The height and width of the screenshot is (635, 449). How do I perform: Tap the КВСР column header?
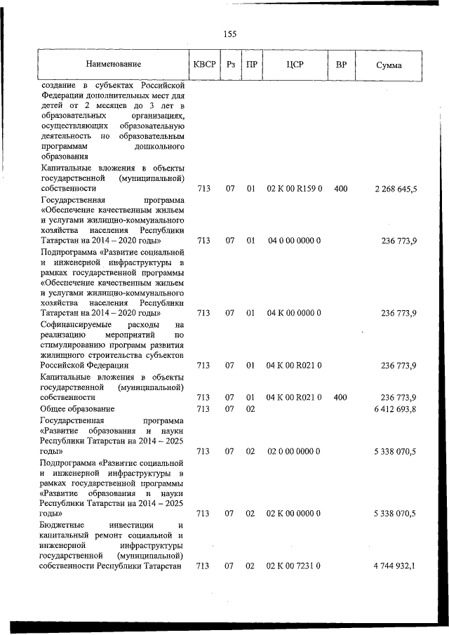click(203, 65)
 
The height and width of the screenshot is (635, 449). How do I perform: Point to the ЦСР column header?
click(295, 65)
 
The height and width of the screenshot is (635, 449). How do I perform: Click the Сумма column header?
click(389, 65)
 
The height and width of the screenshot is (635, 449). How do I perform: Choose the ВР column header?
click(341, 65)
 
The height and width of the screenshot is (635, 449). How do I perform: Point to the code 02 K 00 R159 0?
click(295, 189)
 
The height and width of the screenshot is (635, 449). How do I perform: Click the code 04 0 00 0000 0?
click(295, 241)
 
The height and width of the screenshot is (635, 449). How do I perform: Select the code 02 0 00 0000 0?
click(295, 451)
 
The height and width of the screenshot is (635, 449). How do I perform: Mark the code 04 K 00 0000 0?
click(295, 313)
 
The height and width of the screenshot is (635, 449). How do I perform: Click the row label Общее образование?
click(77, 408)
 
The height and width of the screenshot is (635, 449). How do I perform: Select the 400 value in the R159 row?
click(341, 189)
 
